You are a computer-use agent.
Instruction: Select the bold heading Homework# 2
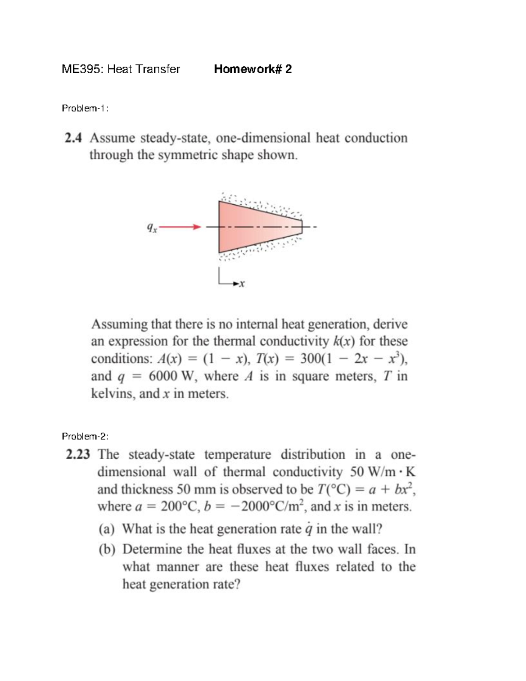coord(252,69)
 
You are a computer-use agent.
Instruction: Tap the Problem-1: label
coord(85,108)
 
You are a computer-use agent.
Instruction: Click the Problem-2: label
coord(85,436)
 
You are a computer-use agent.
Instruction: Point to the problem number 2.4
coord(73,138)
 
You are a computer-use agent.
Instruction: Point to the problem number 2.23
coord(78,454)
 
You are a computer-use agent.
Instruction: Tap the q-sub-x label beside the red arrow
coord(151,228)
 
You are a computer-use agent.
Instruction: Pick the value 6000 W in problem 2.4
coord(172,376)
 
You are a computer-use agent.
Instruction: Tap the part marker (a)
coord(107,529)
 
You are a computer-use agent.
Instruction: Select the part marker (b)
coord(107,549)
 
